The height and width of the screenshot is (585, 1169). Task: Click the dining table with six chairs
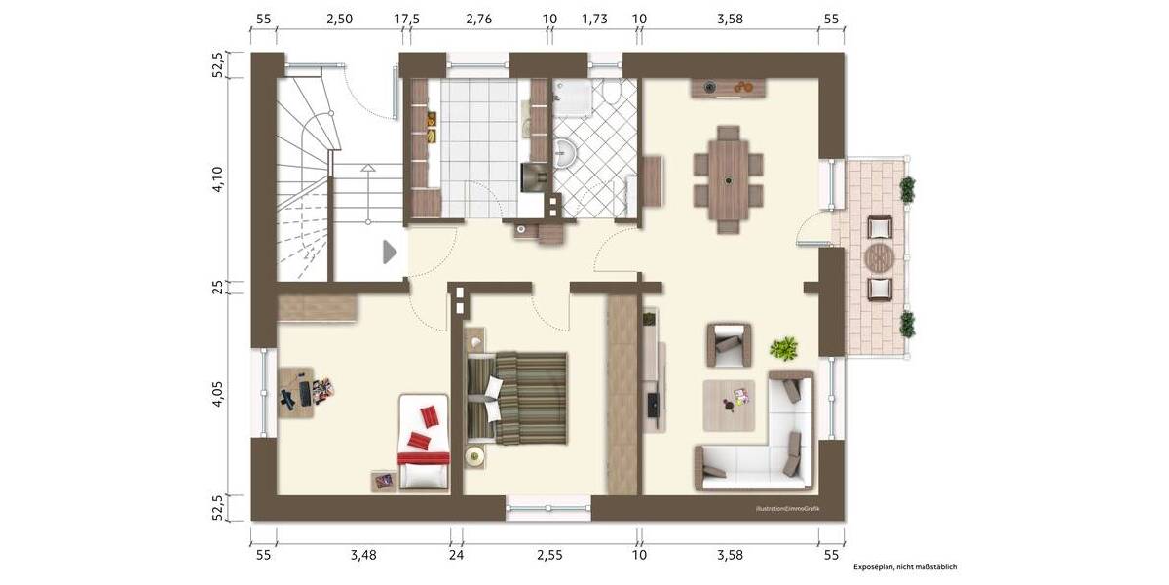pyautogui.click(x=727, y=179)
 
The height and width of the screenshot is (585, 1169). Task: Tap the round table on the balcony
pyautogui.click(x=880, y=259)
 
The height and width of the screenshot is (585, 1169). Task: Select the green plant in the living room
pyautogui.click(x=783, y=347)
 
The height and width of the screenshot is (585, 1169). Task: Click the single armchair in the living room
pyautogui.click(x=730, y=343)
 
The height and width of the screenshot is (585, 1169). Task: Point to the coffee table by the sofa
pyautogui.click(x=730, y=404)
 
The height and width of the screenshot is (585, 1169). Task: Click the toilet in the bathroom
pyautogui.click(x=612, y=92)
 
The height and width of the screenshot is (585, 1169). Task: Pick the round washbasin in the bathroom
pyautogui.click(x=567, y=153)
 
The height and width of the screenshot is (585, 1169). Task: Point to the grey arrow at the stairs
pyautogui.click(x=390, y=253)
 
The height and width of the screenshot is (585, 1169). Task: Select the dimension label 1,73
pyautogui.click(x=594, y=19)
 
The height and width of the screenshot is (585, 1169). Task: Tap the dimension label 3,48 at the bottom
pyautogui.click(x=362, y=555)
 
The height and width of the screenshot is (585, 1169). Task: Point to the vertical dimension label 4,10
pyautogui.click(x=218, y=181)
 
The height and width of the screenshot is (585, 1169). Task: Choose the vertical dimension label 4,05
pyautogui.click(x=218, y=395)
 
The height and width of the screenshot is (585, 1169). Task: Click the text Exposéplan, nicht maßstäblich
pyautogui.click(x=905, y=566)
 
